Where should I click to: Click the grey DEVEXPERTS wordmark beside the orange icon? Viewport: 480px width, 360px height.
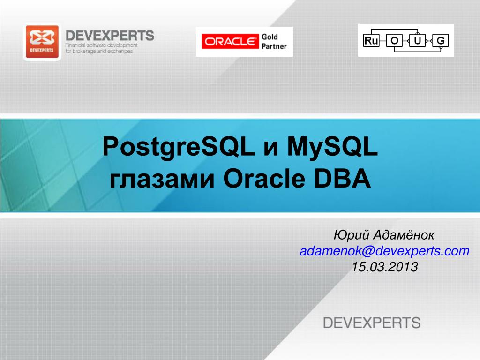click(x=110, y=36)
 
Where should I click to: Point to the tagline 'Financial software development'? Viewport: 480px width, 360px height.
click(x=101, y=45)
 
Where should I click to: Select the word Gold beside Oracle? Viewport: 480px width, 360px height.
click(x=270, y=37)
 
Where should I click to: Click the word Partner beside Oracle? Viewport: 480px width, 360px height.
click(x=274, y=46)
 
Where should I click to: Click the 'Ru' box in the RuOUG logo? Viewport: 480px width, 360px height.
click(x=371, y=40)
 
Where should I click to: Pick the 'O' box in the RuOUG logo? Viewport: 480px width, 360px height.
click(x=394, y=40)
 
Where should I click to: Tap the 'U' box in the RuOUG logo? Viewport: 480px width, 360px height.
click(x=418, y=40)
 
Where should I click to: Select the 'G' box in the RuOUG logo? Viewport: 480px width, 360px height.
click(x=441, y=40)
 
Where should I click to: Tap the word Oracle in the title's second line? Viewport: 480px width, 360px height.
click(x=264, y=179)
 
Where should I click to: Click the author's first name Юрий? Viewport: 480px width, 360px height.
click(x=352, y=235)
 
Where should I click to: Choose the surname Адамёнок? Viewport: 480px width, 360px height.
click(x=404, y=235)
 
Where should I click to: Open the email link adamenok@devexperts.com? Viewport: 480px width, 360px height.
click(x=384, y=251)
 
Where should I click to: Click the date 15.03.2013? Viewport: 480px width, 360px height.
click(x=385, y=267)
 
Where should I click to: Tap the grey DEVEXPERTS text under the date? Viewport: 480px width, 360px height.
click(x=372, y=323)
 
